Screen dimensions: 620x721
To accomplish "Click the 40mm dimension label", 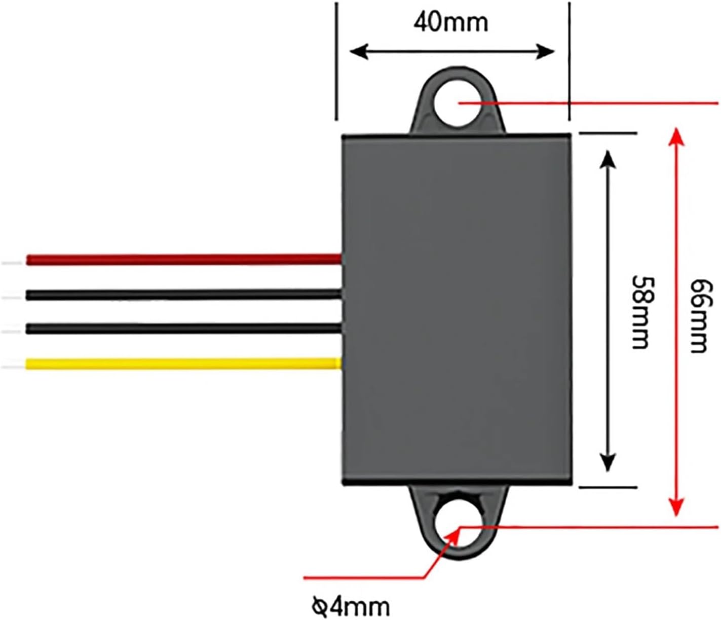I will point(450,22).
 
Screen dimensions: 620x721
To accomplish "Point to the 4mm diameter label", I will point(351,606).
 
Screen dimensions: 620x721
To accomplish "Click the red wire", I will point(182,260).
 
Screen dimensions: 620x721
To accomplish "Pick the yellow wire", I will point(182,363).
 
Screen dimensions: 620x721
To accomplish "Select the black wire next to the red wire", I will point(182,294).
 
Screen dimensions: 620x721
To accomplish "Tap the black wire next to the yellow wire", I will point(182,329).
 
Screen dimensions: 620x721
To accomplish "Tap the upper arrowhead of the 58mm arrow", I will point(608,158).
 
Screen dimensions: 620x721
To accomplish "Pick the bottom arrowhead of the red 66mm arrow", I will point(674,507).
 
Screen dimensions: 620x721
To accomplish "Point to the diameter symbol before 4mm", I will point(319,605).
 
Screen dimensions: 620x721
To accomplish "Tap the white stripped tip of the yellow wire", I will point(13,363).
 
